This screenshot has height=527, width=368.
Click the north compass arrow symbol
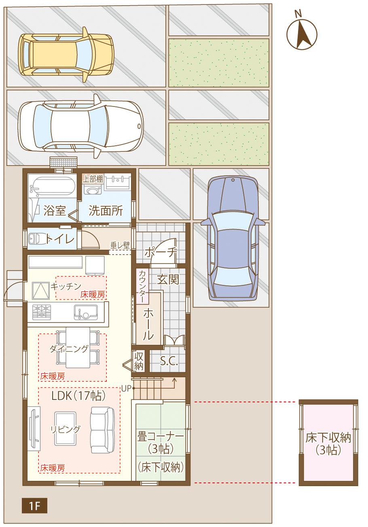coord(302,33)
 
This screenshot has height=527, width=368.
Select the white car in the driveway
coord(81,126)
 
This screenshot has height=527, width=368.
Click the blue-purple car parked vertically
coord(232,239)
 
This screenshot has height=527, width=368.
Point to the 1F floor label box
coord(34,506)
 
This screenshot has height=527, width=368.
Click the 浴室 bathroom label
coord(54,210)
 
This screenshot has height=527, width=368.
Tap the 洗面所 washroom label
coord(106,210)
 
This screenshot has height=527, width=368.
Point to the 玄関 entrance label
coord(168,279)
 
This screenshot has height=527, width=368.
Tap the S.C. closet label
coord(169,361)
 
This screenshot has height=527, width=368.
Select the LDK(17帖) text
coord(78,395)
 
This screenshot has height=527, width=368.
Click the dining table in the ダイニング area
coord(78,347)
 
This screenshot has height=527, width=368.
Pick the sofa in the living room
coord(102,430)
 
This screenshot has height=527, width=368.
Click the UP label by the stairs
coord(126,388)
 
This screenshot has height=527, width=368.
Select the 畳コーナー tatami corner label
coord(161,436)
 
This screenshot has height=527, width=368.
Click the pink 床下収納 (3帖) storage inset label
coord(328,443)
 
